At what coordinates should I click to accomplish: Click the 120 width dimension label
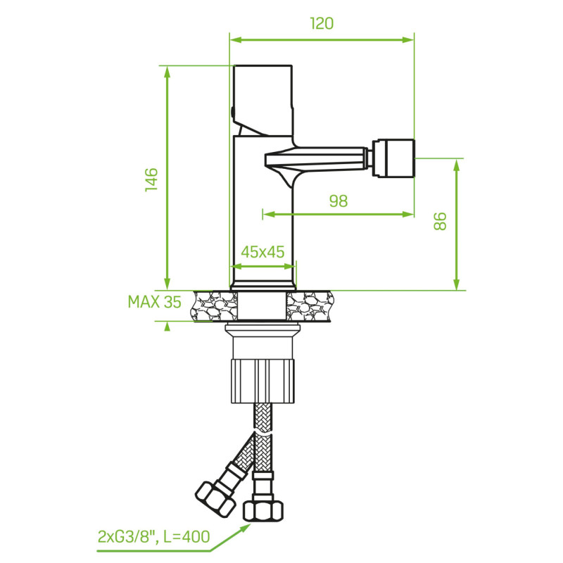pos(322,23)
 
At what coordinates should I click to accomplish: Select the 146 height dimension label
pos(151,179)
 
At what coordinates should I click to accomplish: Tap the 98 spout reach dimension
pos(339,201)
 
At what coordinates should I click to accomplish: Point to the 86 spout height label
pos(440,221)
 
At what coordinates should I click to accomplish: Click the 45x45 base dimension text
pos(262,252)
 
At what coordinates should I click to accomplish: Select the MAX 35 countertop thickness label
pos(154,303)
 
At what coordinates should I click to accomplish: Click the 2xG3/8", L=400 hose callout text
pos(153,538)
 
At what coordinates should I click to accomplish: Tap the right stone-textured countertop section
pos(310,307)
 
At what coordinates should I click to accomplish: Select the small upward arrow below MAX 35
pos(167,325)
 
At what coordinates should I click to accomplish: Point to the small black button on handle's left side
pos(232,111)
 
